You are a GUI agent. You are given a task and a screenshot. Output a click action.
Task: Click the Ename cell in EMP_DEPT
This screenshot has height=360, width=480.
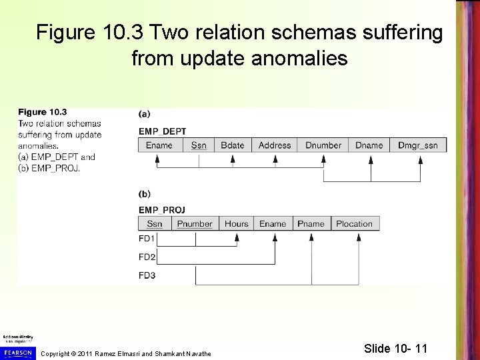(x=159, y=145)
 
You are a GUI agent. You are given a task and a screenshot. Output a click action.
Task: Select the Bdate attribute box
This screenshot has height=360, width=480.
(x=233, y=145)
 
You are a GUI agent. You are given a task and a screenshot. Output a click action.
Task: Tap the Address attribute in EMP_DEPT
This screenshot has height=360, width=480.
(x=275, y=145)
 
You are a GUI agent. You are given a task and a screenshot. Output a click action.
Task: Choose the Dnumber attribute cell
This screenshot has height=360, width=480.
(x=323, y=145)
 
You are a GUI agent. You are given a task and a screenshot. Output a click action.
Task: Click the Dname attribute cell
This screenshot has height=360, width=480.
(x=369, y=145)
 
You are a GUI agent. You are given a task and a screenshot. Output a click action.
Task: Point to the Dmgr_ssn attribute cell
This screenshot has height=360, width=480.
(x=417, y=145)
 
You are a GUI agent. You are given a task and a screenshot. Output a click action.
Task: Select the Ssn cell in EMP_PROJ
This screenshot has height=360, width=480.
(x=155, y=224)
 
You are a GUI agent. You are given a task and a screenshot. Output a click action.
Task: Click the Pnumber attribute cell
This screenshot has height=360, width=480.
(x=195, y=224)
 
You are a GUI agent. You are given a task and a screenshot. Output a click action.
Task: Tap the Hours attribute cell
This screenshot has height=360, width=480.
(x=237, y=224)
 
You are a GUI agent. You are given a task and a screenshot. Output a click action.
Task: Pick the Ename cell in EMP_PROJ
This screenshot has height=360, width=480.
(x=273, y=224)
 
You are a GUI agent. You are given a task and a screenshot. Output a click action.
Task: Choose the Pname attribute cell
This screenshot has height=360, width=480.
(x=311, y=224)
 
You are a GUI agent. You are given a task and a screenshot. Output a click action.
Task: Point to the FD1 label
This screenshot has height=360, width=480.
(x=147, y=239)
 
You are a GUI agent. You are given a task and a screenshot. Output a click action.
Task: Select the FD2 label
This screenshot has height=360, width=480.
(x=147, y=257)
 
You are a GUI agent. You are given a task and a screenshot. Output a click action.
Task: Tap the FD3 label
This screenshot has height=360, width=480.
(x=147, y=275)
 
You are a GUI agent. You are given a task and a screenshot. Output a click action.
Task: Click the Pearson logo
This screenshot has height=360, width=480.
(x=17, y=350)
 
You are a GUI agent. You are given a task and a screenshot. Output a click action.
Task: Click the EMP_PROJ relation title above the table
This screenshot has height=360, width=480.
(x=162, y=209)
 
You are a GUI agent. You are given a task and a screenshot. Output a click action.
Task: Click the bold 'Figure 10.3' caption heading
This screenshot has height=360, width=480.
(x=43, y=112)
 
